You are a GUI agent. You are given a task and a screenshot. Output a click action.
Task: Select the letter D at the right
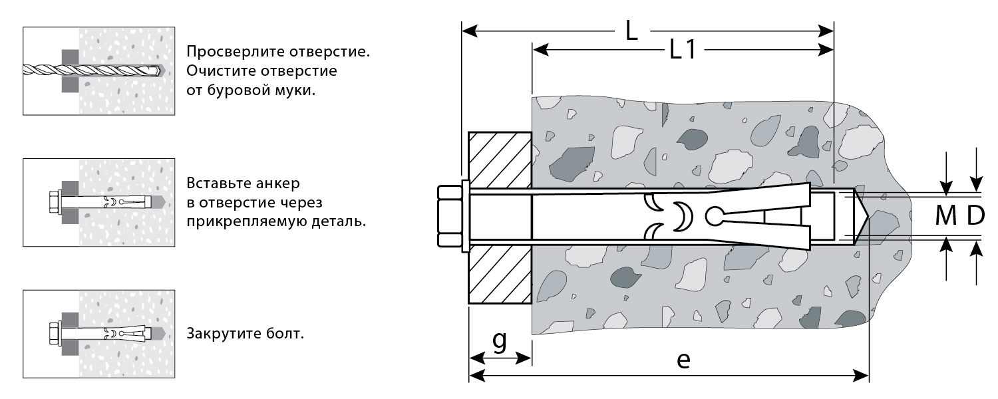[x=975, y=216]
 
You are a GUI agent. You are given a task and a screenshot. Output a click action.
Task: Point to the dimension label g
[x=499, y=340]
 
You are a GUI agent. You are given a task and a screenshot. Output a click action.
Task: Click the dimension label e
[x=683, y=359]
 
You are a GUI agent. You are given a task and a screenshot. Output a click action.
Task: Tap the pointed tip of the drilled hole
[x=861, y=217]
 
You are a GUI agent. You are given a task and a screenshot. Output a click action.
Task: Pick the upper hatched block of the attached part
[x=500, y=160]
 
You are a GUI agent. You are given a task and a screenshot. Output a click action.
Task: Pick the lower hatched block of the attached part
[x=500, y=274]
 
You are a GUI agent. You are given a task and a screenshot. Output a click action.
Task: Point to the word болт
[x=287, y=332]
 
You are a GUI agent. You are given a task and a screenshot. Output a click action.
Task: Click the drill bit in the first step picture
[x=90, y=69]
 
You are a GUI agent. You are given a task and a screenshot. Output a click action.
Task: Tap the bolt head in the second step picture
[x=53, y=200]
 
